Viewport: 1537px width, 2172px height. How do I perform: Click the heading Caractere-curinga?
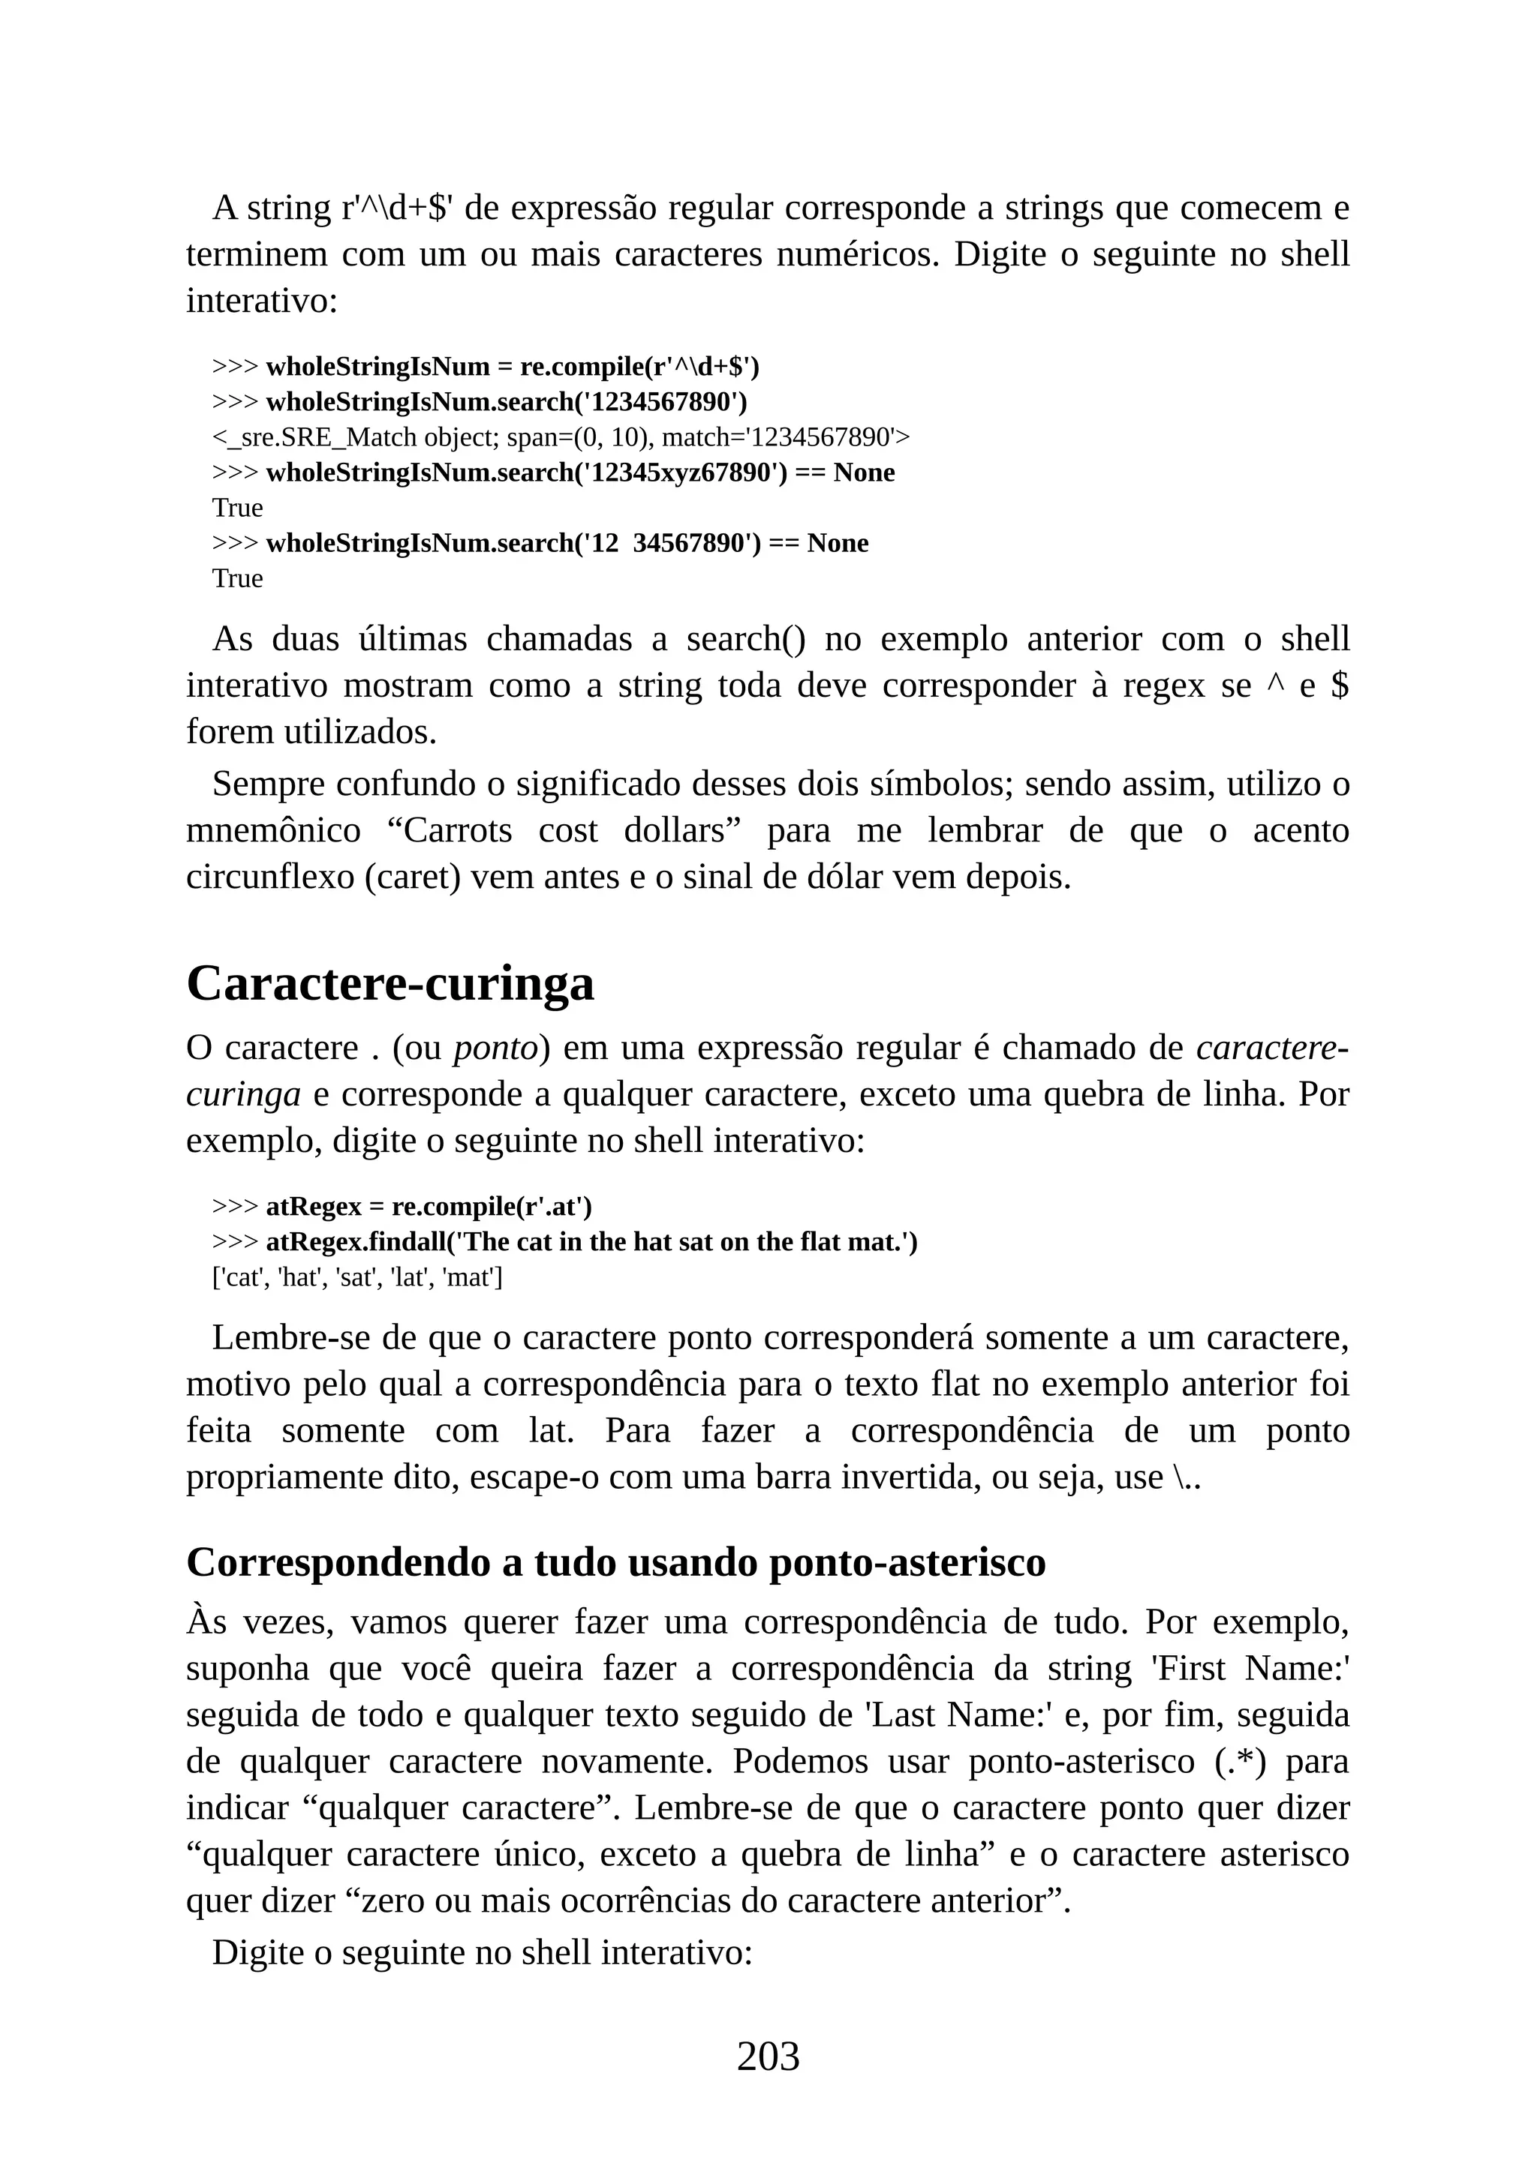click(x=390, y=983)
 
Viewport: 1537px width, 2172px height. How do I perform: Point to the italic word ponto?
click(x=496, y=1048)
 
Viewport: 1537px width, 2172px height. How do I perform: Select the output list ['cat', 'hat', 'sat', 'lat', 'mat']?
click(x=356, y=1277)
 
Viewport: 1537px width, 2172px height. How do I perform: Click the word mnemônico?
click(x=273, y=830)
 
